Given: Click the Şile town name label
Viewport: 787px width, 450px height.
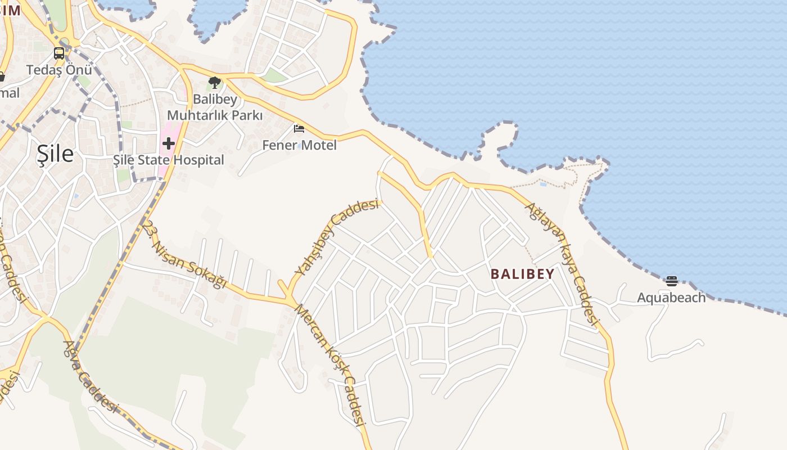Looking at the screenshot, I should (55, 153).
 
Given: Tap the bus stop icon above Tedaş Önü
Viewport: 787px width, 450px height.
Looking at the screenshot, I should (59, 53).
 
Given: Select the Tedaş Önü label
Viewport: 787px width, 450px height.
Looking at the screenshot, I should (59, 70).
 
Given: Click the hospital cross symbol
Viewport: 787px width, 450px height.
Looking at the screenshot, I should (168, 143).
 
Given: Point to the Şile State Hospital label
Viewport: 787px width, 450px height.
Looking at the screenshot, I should (169, 160).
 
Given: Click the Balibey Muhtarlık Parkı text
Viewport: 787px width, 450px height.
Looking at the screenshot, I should (215, 107).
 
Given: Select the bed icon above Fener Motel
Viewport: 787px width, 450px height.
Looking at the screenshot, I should (299, 129).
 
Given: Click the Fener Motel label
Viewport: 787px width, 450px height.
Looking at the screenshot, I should (300, 145).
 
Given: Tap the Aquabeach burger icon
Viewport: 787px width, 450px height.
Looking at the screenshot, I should (671, 281).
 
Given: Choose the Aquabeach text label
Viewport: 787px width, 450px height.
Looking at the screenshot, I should (671, 298).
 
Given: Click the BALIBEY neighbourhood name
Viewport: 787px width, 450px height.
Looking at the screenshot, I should (522, 274).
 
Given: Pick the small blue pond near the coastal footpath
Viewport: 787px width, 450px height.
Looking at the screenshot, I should (542, 184).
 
